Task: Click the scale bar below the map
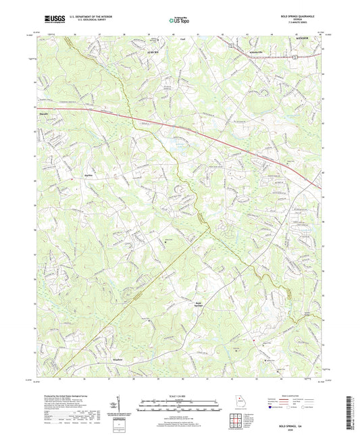(x=180, y=406)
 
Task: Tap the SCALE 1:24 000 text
(x=180, y=395)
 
